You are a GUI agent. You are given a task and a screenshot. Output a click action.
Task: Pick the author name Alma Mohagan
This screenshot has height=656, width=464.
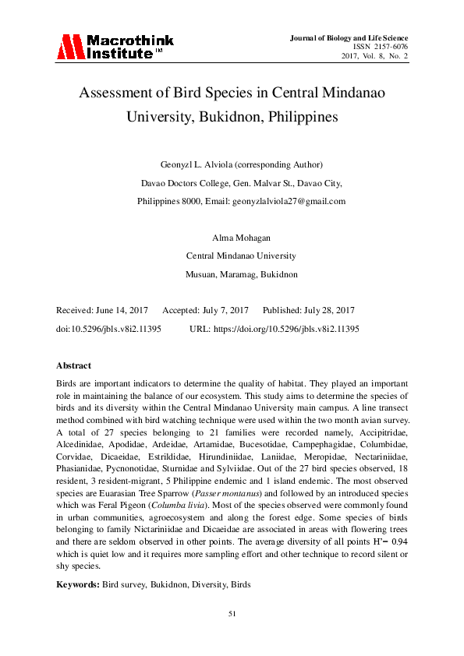coord(232,237)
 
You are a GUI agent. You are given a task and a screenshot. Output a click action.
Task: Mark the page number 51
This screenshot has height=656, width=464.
coord(232,614)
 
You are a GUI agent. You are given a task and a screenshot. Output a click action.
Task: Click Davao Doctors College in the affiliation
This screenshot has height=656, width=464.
coord(185,183)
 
